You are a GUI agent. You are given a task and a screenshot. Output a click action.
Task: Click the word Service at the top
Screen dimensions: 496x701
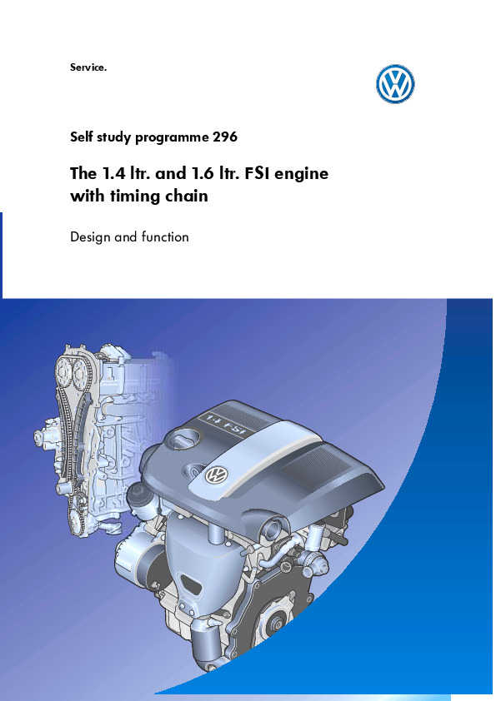(88, 67)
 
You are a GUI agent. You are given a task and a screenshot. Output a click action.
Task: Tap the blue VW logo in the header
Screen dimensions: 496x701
(395, 84)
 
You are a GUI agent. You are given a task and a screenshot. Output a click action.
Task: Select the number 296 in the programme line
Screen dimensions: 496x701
(225, 137)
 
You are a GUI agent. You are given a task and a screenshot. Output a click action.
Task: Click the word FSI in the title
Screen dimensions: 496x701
(258, 173)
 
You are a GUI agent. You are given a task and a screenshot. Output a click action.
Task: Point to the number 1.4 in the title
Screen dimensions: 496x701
(113, 173)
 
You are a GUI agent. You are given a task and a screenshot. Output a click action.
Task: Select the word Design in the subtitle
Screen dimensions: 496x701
(90, 237)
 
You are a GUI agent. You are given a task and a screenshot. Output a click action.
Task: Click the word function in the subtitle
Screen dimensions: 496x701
(165, 236)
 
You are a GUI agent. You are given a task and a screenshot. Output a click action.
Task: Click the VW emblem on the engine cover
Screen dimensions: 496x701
(217, 475)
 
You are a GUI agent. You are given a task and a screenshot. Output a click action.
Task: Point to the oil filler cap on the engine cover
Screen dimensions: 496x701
(183, 439)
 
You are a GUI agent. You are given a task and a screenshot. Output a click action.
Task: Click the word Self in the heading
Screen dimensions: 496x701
(82, 137)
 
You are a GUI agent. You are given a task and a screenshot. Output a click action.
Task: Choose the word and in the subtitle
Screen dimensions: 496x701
(126, 236)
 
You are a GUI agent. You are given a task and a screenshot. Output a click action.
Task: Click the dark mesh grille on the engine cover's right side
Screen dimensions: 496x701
(316, 465)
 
